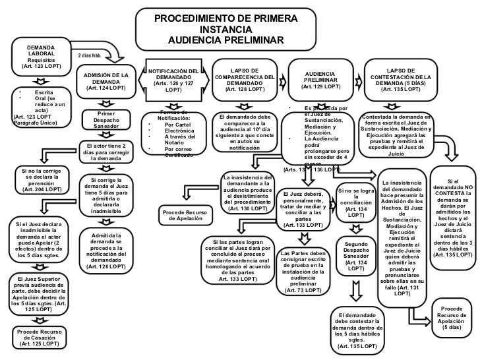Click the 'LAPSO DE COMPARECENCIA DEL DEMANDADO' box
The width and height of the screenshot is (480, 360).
point(245,80)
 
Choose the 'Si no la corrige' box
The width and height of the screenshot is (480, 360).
point(42,179)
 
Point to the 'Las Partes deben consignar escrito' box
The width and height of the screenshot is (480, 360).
point(303,271)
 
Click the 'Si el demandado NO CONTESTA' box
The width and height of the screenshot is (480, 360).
point(452,208)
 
